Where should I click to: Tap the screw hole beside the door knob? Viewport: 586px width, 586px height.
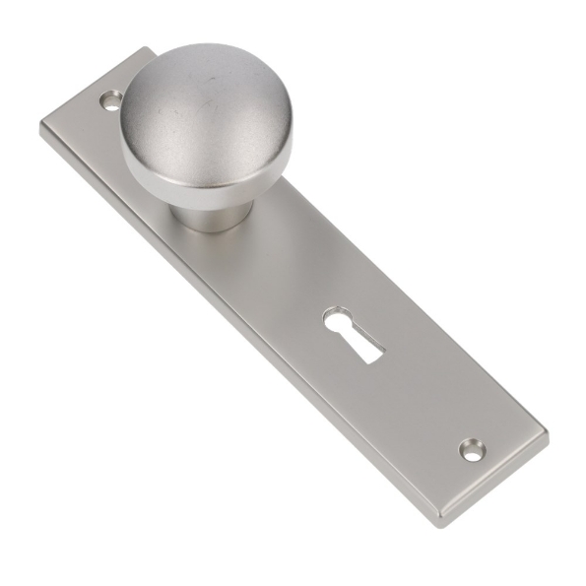tap(111, 99)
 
